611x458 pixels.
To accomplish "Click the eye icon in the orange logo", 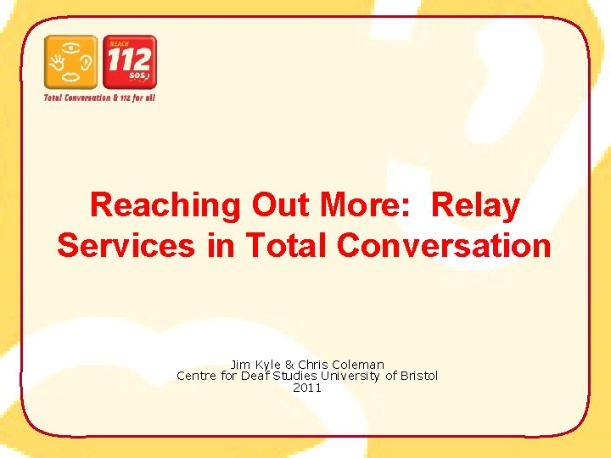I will [x=72, y=46].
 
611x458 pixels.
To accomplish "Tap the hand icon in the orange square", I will [x=58, y=63].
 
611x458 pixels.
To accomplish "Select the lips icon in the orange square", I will [x=72, y=77].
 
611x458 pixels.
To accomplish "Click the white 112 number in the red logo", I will [x=129, y=59].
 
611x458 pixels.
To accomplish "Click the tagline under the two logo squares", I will [x=100, y=98].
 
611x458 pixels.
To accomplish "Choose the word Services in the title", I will [x=126, y=245].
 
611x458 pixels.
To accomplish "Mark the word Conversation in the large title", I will [x=444, y=245].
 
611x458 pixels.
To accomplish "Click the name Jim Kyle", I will [x=255, y=365].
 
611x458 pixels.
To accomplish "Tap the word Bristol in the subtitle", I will [x=419, y=376].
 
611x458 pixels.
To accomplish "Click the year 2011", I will [x=307, y=388].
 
